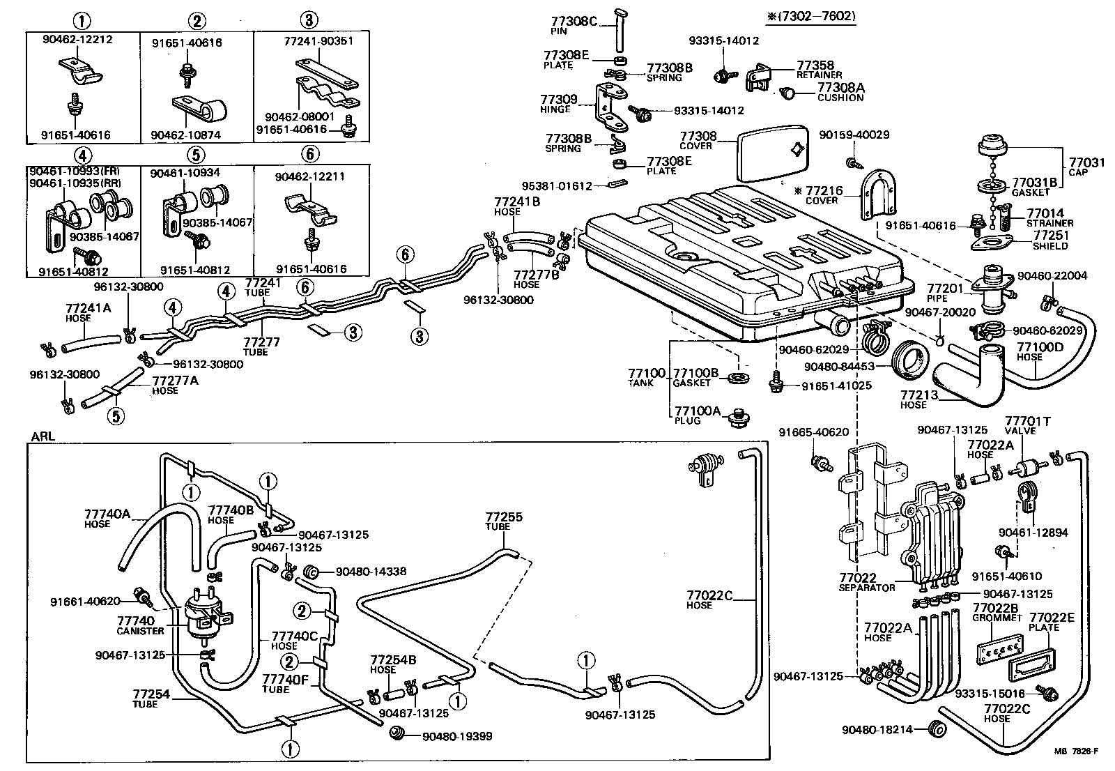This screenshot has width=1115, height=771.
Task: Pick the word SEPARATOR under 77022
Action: [x=866, y=588]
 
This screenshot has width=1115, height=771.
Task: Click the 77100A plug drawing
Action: [x=735, y=420]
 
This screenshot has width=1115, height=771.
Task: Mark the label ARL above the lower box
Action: [x=42, y=436]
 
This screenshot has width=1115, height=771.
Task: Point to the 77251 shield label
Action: [x=1050, y=236]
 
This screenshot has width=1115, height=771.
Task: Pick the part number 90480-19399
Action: [x=457, y=735]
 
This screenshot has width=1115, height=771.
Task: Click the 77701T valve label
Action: [x=1027, y=421]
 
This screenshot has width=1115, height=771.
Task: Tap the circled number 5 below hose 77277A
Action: [x=115, y=416]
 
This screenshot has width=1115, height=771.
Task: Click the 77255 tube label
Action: [x=503, y=517]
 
